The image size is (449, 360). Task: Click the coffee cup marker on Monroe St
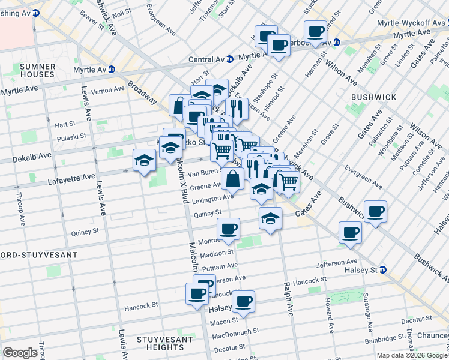coord(228,229)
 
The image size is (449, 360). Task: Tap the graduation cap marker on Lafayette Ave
coord(144,160)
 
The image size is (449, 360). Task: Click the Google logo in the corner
coord(20,353)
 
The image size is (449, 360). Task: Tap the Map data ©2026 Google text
coord(411,355)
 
